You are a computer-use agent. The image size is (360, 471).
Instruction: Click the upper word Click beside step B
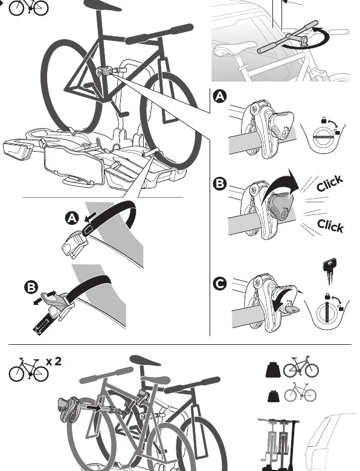point(330,183)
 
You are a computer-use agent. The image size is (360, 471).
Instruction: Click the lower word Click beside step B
point(330,225)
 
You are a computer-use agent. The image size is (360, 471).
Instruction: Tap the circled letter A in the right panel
point(220,97)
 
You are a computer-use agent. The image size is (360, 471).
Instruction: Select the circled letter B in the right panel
point(220,184)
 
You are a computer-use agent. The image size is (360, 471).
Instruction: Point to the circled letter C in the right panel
point(220,284)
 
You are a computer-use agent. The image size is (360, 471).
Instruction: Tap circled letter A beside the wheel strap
point(72,218)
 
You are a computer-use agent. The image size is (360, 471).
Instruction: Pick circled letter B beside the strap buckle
point(31,287)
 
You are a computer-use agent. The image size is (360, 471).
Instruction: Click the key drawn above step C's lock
point(329,271)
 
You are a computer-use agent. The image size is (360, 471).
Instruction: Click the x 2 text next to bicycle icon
point(54,361)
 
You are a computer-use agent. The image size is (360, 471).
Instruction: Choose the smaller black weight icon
point(273,396)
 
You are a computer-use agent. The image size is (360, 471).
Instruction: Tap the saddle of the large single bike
point(101,5)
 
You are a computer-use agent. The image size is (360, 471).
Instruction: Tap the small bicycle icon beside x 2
point(28,370)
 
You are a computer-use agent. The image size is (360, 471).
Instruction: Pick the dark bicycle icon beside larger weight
point(301,367)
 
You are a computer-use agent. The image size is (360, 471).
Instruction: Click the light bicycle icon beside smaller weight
point(300,392)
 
